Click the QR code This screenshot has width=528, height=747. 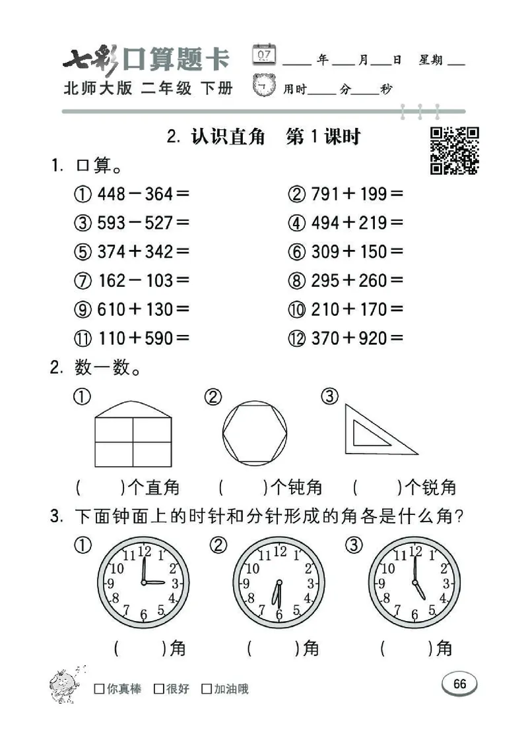click(x=454, y=151)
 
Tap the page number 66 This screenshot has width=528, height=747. click(x=459, y=684)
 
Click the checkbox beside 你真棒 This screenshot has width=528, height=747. click(x=99, y=689)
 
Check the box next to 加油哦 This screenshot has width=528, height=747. click(x=207, y=689)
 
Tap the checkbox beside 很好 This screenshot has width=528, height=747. click(x=158, y=689)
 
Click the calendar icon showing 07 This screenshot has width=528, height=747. click(x=264, y=55)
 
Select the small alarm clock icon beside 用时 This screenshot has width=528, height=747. click(x=265, y=86)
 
